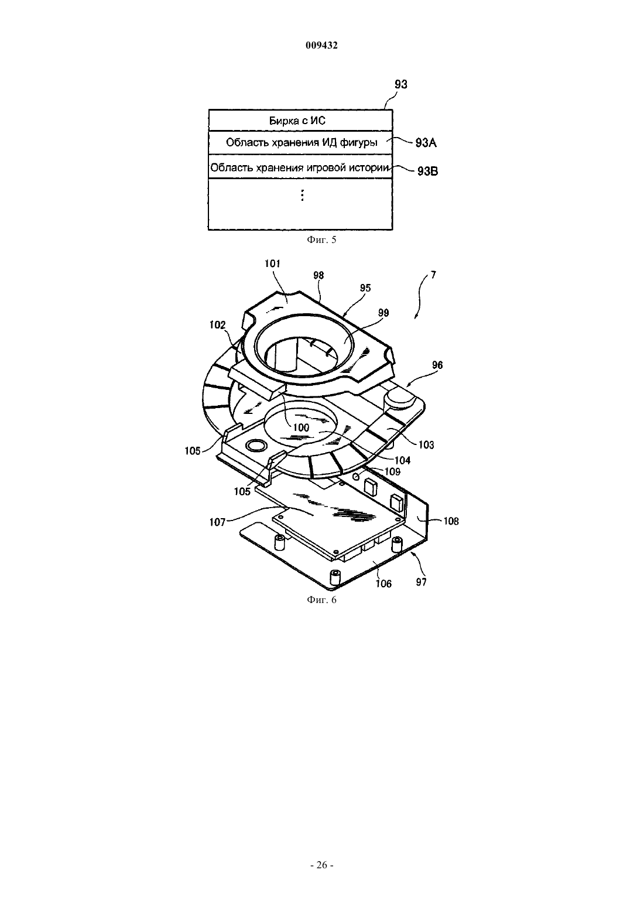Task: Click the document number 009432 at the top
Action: (x=321, y=45)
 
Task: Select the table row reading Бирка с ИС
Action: (x=300, y=121)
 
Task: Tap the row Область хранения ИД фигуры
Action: (x=300, y=142)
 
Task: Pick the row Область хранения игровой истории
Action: (x=300, y=166)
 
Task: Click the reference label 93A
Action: (x=426, y=143)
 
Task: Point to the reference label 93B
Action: (x=428, y=171)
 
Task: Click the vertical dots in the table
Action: (x=302, y=195)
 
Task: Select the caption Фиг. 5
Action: (x=321, y=239)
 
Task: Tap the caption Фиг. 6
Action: (x=321, y=600)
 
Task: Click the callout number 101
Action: (x=272, y=263)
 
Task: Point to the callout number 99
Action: (x=383, y=313)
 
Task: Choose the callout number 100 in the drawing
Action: (x=301, y=427)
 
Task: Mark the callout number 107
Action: (x=217, y=522)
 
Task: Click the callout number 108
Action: (x=451, y=521)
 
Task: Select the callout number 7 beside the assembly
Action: (x=433, y=275)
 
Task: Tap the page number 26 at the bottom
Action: (x=321, y=865)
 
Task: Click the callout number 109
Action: (x=393, y=471)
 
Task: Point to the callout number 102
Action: (x=218, y=324)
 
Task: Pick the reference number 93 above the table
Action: (x=401, y=84)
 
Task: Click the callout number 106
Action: (x=383, y=584)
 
